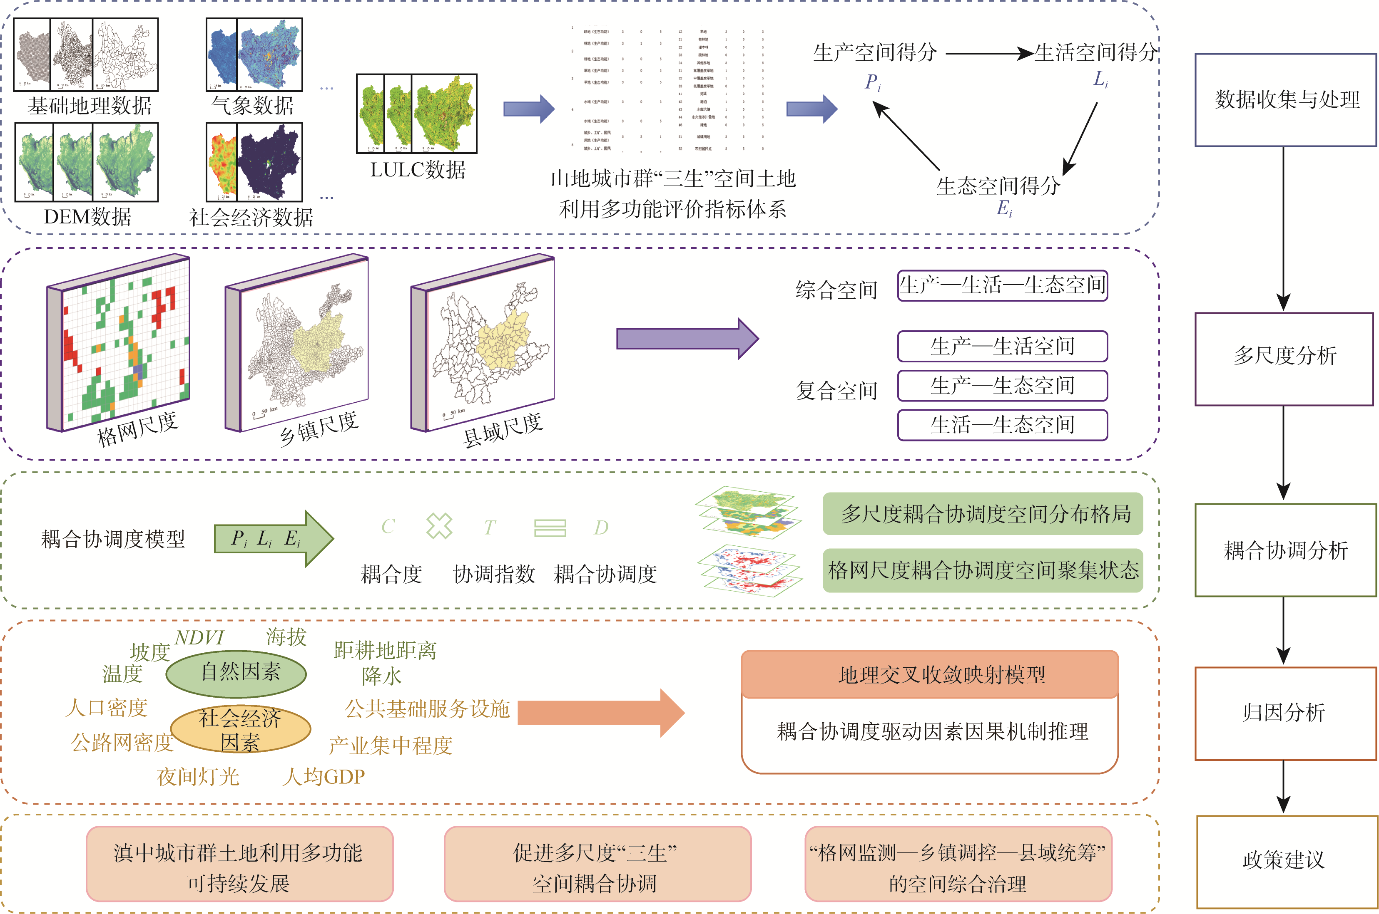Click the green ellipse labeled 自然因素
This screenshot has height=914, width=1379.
point(236,673)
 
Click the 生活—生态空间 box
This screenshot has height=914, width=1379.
point(1002,425)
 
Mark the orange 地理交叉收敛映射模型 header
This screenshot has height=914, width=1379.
point(929,674)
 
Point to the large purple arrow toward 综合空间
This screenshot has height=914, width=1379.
point(687,339)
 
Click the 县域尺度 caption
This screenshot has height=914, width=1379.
point(503,430)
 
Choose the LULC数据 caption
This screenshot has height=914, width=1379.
point(418,170)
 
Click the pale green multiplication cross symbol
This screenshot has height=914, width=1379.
point(439,526)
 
